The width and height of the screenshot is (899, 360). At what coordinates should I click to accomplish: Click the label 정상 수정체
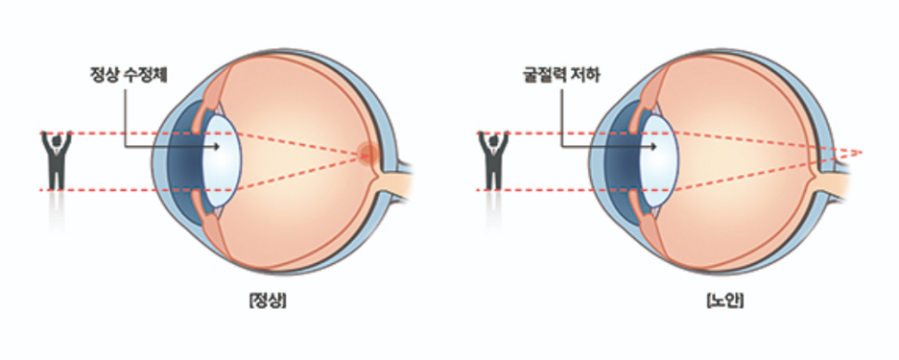pos(128,75)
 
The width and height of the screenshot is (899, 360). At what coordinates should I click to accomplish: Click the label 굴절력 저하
pos(561,75)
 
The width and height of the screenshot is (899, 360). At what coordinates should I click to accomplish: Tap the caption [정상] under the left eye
pos(268,300)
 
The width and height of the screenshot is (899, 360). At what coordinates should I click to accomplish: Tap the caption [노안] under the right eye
pos(725,300)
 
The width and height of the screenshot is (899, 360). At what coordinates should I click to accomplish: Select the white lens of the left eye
pos(222,161)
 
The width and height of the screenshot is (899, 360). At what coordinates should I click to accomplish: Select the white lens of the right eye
pos(660,161)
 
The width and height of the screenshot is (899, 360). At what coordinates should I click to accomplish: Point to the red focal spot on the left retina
pos(368,153)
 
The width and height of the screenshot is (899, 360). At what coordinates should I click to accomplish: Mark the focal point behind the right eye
pos(861,153)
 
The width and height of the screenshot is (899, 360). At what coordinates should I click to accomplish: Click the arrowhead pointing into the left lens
pos(216,147)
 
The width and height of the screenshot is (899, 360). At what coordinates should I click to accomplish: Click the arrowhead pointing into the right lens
pos(653,147)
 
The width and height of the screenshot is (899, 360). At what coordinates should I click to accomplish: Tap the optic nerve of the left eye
pos(396,180)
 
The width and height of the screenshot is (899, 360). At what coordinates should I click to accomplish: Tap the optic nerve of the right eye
pos(831,180)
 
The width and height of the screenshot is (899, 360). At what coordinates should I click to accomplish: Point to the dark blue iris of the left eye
pos(182,162)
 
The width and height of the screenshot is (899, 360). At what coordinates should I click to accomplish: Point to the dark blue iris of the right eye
pos(619,162)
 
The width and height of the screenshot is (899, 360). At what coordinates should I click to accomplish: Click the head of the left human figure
pos(56,139)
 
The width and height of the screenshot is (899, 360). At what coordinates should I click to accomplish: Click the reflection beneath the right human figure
pos(493,209)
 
